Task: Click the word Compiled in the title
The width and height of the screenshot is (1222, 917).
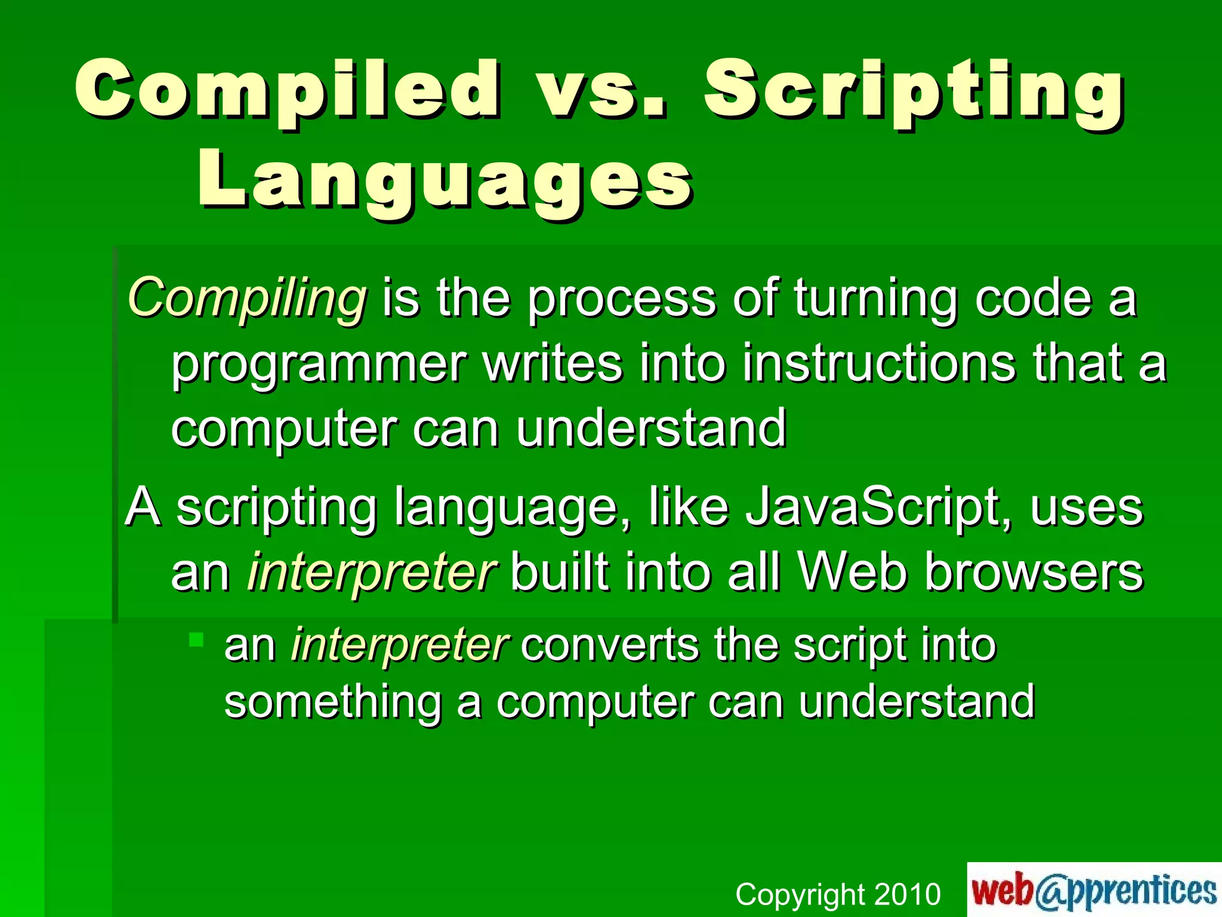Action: [x=286, y=90]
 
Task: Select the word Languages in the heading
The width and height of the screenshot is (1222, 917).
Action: [x=445, y=179]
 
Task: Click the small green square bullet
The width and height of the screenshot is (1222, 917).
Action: [x=196, y=640]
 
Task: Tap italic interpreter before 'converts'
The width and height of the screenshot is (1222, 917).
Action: [x=399, y=646]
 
